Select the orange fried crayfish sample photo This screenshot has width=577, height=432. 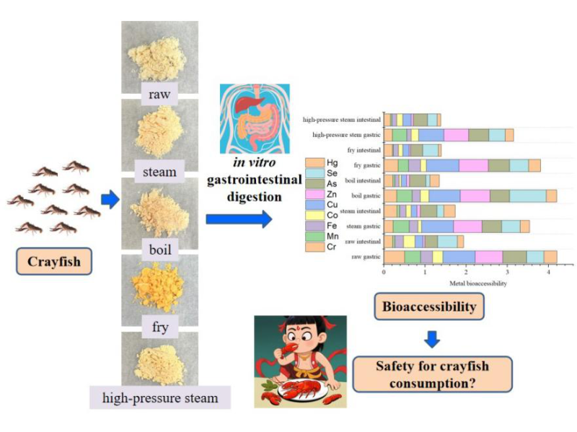[x=159, y=285]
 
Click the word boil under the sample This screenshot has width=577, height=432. [x=159, y=250]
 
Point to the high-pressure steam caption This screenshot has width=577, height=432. [x=159, y=397]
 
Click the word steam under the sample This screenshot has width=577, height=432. [x=159, y=172]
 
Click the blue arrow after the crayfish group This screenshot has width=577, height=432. [x=110, y=200]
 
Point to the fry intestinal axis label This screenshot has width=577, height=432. [x=364, y=150]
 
